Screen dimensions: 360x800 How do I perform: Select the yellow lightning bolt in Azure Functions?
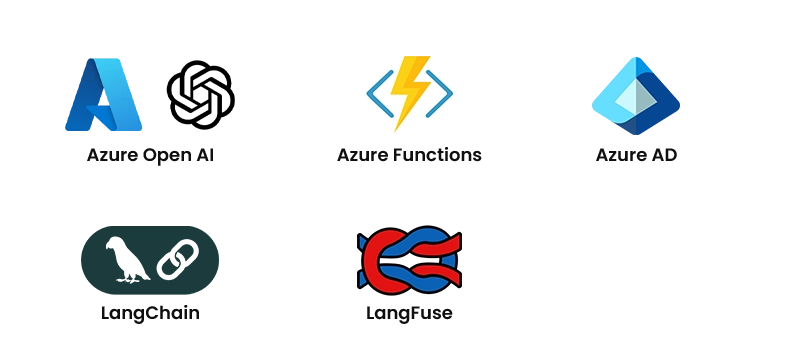click(x=410, y=93)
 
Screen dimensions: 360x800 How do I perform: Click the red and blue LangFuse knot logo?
click(x=409, y=259)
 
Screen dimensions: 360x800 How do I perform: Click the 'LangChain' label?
click(x=150, y=313)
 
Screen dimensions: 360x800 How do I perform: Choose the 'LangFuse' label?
click(x=409, y=313)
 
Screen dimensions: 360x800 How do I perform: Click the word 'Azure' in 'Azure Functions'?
click(x=361, y=156)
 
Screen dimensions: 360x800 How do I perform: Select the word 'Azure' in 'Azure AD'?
click(x=619, y=156)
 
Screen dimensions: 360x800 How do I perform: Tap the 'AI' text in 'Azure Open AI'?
click(x=205, y=156)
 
